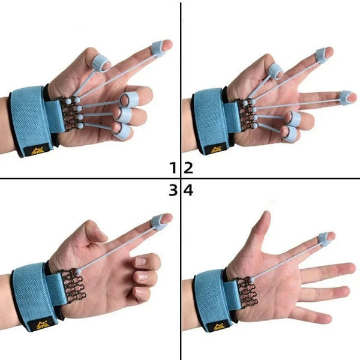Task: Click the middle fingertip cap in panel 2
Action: pos(347,96)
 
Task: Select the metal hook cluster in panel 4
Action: pos(247,289)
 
